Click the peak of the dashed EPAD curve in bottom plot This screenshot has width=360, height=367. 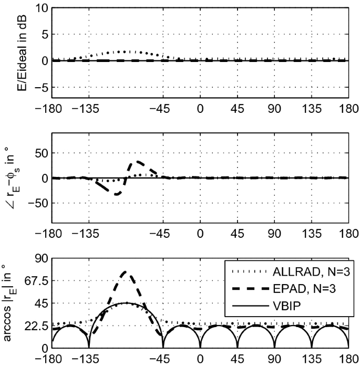click(x=125, y=272)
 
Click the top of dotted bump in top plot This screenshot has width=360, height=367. click(x=125, y=51)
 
